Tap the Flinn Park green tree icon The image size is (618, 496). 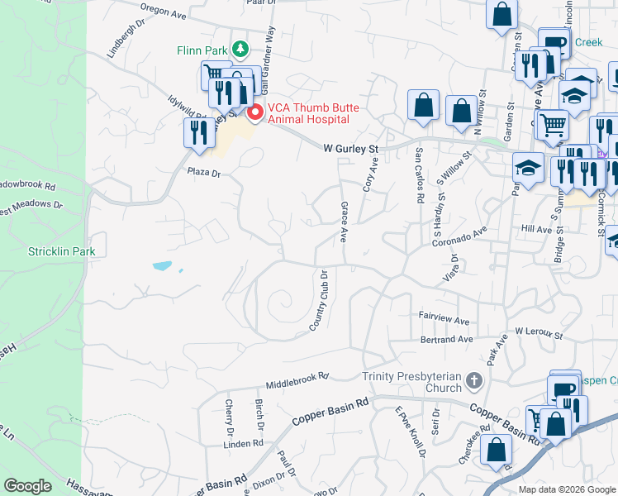tap(240, 50)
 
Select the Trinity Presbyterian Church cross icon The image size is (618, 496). tap(473, 381)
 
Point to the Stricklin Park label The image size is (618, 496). tap(62, 251)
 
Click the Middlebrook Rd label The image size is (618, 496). tap(297, 381)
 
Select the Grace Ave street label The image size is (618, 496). tap(344, 221)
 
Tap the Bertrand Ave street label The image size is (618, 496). tap(446, 339)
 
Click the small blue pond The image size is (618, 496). tap(163, 266)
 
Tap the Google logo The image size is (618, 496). tap(28, 486)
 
